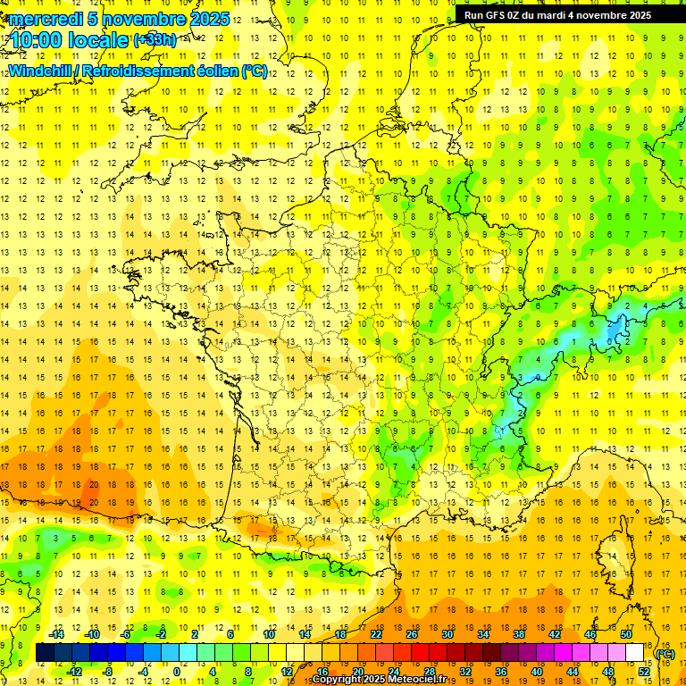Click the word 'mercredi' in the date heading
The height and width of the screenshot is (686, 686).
tap(45, 19)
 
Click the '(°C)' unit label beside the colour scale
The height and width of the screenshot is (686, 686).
tap(665, 653)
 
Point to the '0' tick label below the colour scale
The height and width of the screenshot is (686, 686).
tap(177, 672)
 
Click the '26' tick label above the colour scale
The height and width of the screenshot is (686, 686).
tap(412, 634)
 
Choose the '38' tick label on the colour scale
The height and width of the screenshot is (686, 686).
tap(519, 634)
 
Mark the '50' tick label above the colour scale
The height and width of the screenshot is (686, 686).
tap(626, 634)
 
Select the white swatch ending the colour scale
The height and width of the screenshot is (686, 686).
tap(635, 653)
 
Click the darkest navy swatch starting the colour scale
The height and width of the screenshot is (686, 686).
tap(45, 653)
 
